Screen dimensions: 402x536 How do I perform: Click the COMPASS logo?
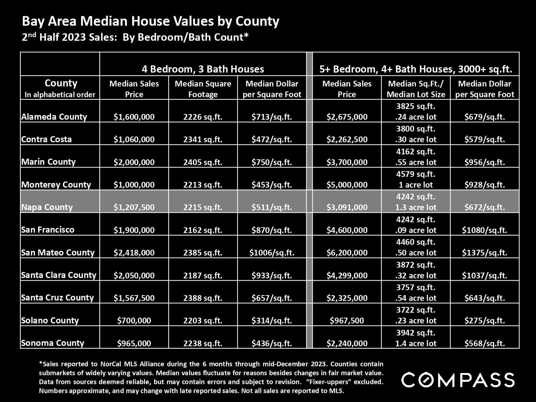pos(458,380)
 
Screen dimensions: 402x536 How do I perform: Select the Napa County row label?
pos(47,207)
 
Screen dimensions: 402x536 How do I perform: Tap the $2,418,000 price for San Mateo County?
pos(134,253)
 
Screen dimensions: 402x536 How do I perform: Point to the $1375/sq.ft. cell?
pos(485,253)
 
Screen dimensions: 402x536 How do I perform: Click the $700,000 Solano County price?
pos(134,321)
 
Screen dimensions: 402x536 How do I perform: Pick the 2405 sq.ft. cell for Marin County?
pos(203,162)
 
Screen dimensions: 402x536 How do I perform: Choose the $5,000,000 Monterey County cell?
pos(347,185)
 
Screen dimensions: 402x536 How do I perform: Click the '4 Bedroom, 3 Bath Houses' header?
pos(203,69)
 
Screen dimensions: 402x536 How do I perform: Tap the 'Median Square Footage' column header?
pos(203,89)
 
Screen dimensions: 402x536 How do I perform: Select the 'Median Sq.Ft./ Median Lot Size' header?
pos(416,89)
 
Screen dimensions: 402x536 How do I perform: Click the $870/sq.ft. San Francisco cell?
pos(272,230)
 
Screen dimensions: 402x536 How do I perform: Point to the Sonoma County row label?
pos(53,343)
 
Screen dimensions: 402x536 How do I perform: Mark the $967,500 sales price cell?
pos(347,321)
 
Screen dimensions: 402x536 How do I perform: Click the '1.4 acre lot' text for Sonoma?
pos(416,343)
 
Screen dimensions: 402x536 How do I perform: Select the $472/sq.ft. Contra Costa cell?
pos(272,139)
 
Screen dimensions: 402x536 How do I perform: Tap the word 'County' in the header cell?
pos(61,83)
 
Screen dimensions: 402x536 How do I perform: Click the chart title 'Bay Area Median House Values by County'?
pos(150,21)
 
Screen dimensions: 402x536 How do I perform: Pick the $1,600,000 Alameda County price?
pos(134,117)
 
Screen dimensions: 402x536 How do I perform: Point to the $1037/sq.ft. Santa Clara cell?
pos(485,276)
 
